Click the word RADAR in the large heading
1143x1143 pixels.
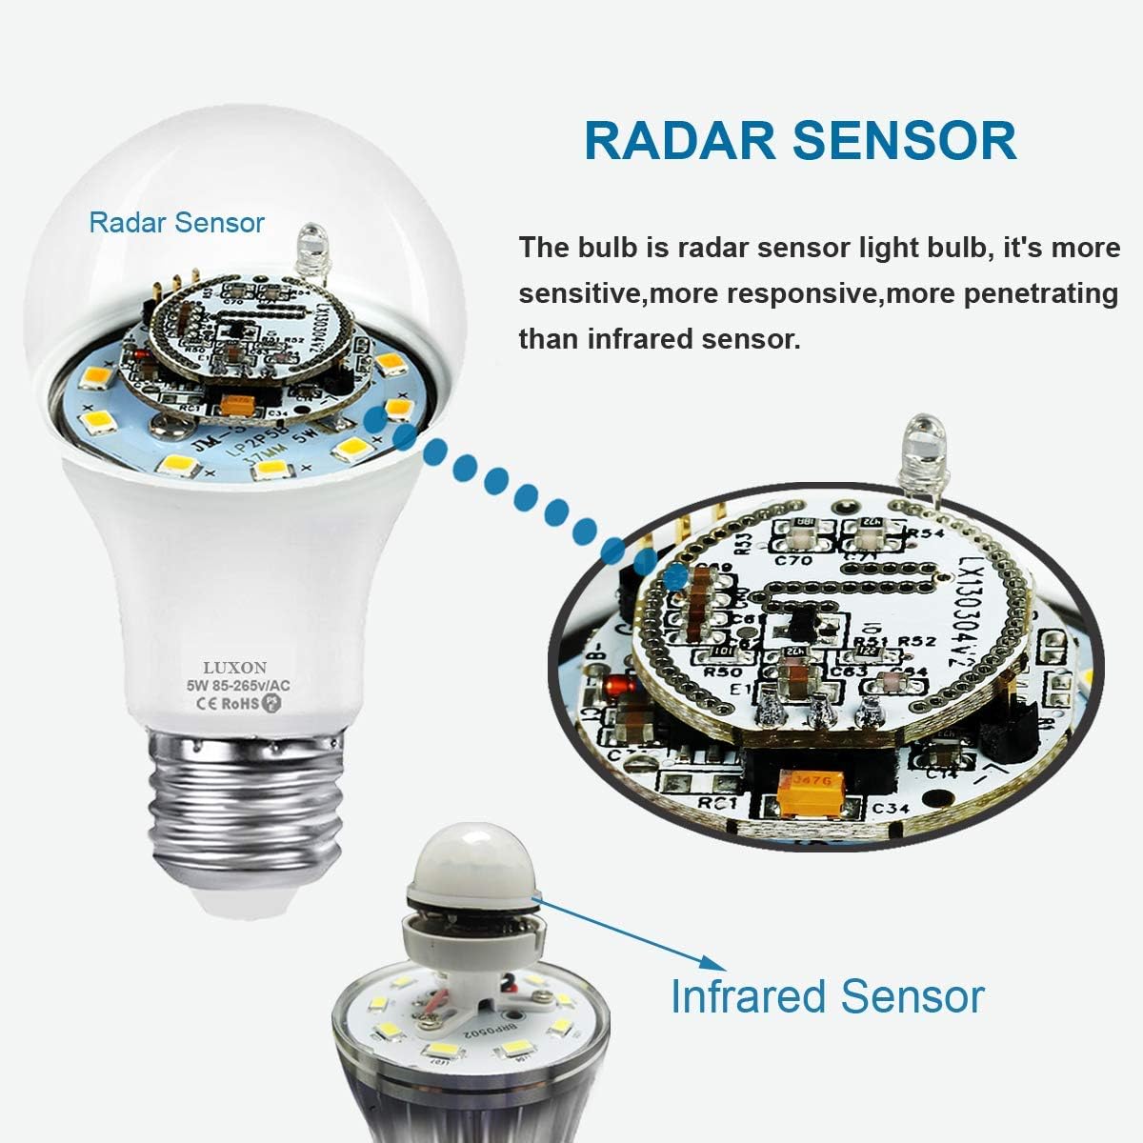(x=680, y=141)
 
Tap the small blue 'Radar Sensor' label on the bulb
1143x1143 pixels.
(x=176, y=223)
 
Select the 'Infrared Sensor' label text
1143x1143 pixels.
(x=827, y=996)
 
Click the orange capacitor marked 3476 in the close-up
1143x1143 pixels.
(x=799, y=781)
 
